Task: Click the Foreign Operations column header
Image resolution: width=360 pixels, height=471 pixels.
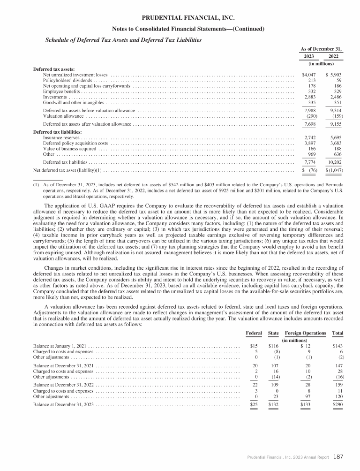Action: point(305,333)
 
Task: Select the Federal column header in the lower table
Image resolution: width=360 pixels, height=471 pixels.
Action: point(254,333)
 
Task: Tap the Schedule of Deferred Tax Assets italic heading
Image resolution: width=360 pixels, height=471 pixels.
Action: point(123,40)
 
